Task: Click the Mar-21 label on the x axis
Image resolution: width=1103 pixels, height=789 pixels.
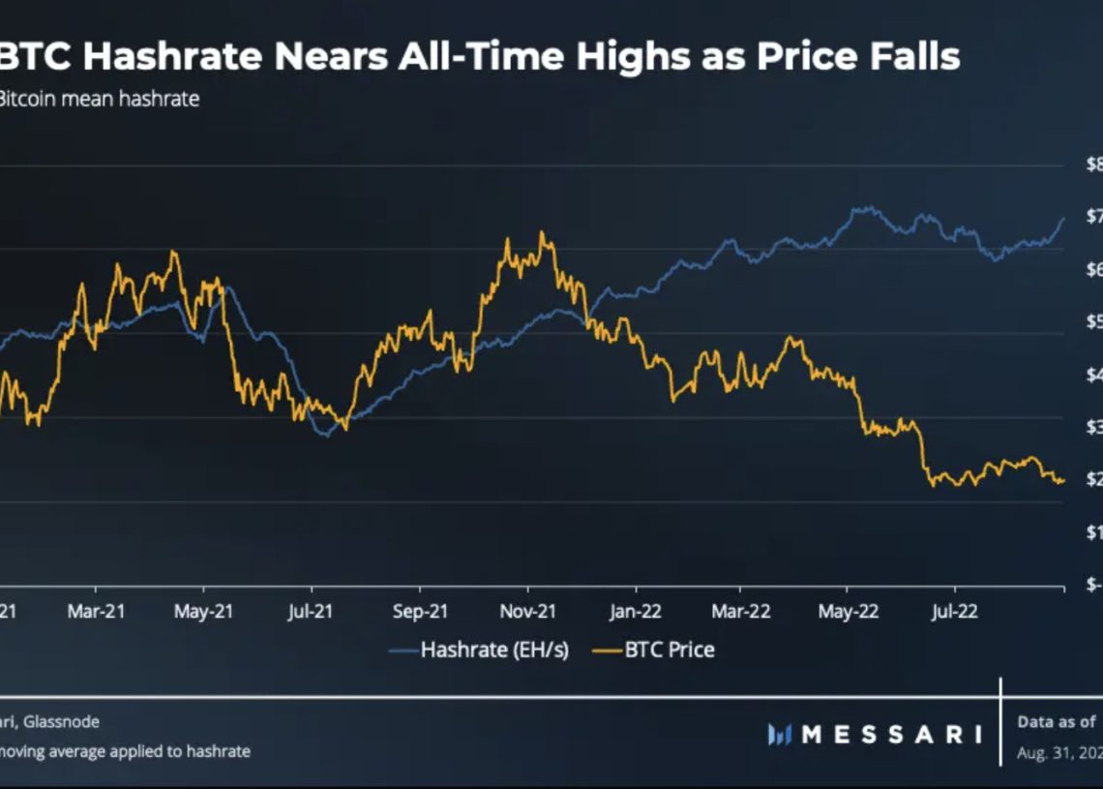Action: [96, 612]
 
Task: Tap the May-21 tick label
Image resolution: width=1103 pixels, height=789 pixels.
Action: [203, 612]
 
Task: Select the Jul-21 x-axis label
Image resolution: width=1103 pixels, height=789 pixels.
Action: [311, 612]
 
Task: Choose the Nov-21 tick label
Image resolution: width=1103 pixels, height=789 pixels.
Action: [527, 612]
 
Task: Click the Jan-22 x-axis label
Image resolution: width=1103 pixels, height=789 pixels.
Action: [636, 612]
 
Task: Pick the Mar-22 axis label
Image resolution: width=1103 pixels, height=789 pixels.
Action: [740, 612]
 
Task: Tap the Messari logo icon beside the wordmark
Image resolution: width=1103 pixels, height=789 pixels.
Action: [780, 735]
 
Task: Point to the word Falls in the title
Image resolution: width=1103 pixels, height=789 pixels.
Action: [913, 56]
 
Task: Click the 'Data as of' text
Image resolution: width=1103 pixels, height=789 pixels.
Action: [1057, 721]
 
